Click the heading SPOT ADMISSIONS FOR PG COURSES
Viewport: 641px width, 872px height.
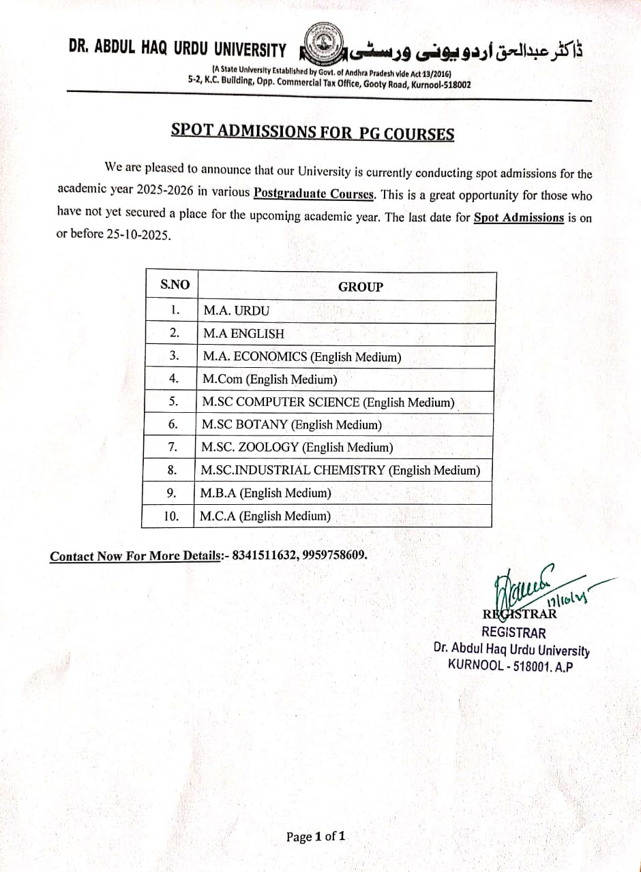point(312,132)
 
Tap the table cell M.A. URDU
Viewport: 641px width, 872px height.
point(237,311)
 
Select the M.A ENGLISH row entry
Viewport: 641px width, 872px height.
point(243,334)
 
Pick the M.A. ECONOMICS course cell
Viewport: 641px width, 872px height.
point(302,356)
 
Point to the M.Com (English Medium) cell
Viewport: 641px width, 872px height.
point(269,379)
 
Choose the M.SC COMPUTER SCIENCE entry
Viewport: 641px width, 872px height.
point(328,402)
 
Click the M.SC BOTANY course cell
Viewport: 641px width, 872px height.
point(291,425)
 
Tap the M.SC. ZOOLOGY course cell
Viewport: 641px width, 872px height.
point(297,448)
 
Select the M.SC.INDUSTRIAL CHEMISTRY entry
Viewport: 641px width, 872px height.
point(340,470)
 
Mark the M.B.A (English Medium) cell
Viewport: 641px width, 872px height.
point(266,493)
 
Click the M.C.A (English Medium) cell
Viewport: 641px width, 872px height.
point(265,516)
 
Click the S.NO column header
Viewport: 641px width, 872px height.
point(175,285)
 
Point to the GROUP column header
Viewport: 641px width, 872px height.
point(361,287)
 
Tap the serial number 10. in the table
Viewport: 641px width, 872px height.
point(171,516)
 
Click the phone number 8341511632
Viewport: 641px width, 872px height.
point(264,555)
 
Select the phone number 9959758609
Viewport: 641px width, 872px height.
point(333,555)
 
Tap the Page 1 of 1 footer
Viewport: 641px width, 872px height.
point(316,837)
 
